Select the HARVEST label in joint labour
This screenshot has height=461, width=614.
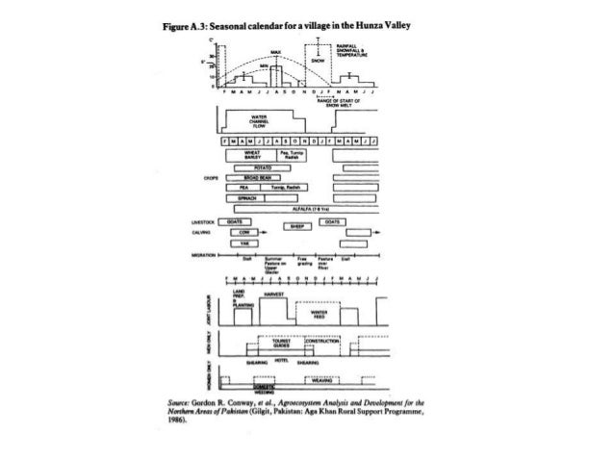274,295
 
